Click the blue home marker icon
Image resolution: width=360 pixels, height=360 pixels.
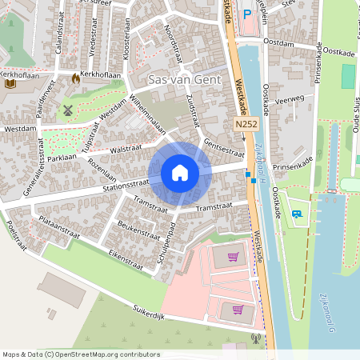point(180,173)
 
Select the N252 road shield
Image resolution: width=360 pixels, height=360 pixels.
point(246,125)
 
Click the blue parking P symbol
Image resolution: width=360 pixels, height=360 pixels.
point(246,14)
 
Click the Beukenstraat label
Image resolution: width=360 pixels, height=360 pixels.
point(137,231)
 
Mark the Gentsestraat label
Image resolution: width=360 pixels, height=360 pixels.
point(224,148)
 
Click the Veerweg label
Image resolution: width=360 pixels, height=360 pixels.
point(289,101)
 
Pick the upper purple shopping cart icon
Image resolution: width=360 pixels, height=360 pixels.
point(233,257)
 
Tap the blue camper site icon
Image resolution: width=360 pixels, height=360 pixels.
point(297,214)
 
